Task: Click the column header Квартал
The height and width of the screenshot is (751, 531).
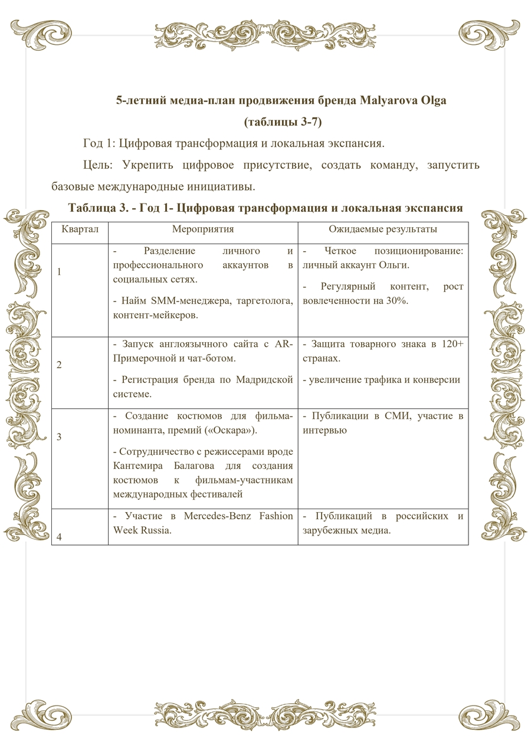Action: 80,229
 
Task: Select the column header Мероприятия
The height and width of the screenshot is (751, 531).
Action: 203,229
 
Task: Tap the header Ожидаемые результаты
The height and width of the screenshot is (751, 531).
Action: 383,229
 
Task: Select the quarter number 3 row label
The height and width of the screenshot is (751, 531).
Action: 59,437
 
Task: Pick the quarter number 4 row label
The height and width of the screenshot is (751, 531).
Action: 59,537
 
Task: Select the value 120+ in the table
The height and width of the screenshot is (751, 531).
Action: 453,344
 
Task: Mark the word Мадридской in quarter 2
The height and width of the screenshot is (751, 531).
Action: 264,379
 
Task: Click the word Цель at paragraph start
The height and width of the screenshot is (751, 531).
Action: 94,165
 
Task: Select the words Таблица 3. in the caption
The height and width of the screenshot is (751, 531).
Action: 94,208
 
